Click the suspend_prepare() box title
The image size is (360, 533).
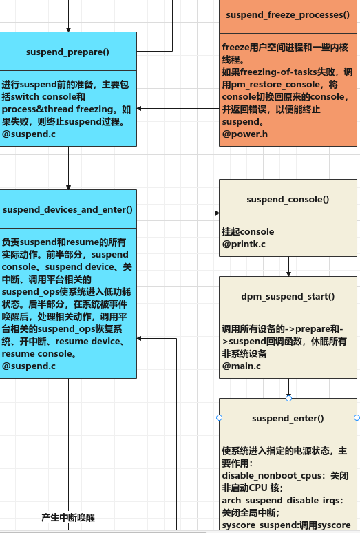[x=67, y=52]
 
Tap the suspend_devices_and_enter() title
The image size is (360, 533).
[x=67, y=209]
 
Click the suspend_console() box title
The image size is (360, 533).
[x=288, y=199]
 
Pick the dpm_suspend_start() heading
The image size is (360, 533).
[x=288, y=296]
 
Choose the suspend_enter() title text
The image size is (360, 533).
[x=288, y=418]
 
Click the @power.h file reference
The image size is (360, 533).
[x=244, y=134]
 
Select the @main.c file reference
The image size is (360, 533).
[x=241, y=366]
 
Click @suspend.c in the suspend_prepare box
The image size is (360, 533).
[x=29, y=134]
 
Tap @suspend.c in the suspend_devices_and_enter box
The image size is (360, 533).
[x=29, y=366]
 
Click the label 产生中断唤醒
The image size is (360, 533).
[x=67, y=516]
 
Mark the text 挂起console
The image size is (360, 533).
[x=248, y=231]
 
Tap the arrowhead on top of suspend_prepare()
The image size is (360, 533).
[x=68, y=29]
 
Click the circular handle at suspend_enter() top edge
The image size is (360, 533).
[x=288, y=398]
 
